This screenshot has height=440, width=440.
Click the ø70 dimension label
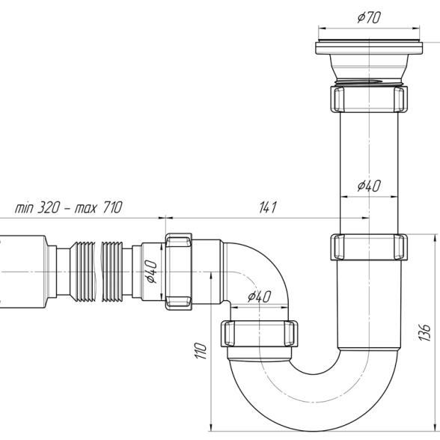tap(369, 17)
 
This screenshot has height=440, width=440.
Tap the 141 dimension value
tap(268, 207)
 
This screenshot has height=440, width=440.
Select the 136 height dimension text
tap(424, 332)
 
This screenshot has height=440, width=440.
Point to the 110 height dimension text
tap(201, 350)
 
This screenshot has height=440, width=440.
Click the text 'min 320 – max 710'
tap(69, 207)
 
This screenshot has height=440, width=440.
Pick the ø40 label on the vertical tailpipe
tap(369, 186)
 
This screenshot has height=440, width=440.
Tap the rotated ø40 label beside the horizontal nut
tap(150, 272)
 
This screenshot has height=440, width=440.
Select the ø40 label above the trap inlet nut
tap(259, 296)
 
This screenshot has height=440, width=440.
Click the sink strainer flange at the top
tap(369, 47)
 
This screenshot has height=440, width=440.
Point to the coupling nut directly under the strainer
tap(369, 99)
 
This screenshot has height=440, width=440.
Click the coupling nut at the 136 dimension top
tap(369, 247)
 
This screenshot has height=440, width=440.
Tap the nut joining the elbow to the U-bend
tap(259, 334)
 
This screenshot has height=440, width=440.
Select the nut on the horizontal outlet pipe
tap(179, 272)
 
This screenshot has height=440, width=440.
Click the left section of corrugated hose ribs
tap(82, 272)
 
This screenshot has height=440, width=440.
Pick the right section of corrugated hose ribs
tap(112, 272)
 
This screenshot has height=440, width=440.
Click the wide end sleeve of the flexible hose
tap(23, 272)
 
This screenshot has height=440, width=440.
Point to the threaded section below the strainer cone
tap(369, 82)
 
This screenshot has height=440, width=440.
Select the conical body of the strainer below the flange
tap(369, 67)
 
